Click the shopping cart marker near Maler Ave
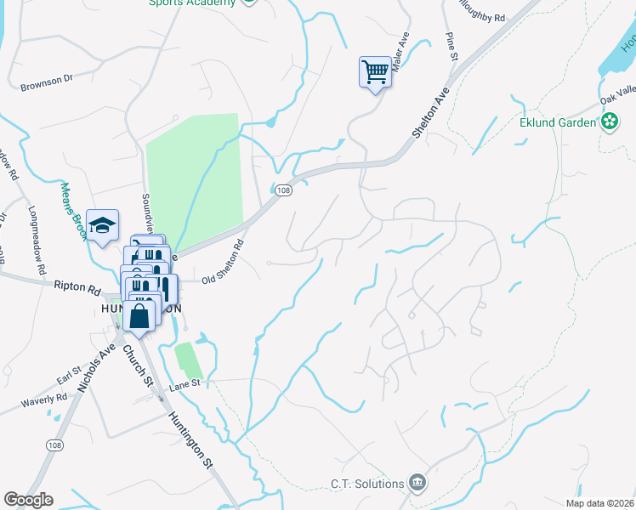[374, 71]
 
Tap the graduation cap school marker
[102, 226]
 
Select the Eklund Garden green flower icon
[609, 122]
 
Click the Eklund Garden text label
[558, 122]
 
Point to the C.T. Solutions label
[367, 484]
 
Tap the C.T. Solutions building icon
[417, 483]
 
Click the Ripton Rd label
[78, 288]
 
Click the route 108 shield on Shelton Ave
[284, 191]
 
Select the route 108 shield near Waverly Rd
[55, 445]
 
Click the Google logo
[28, 500]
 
